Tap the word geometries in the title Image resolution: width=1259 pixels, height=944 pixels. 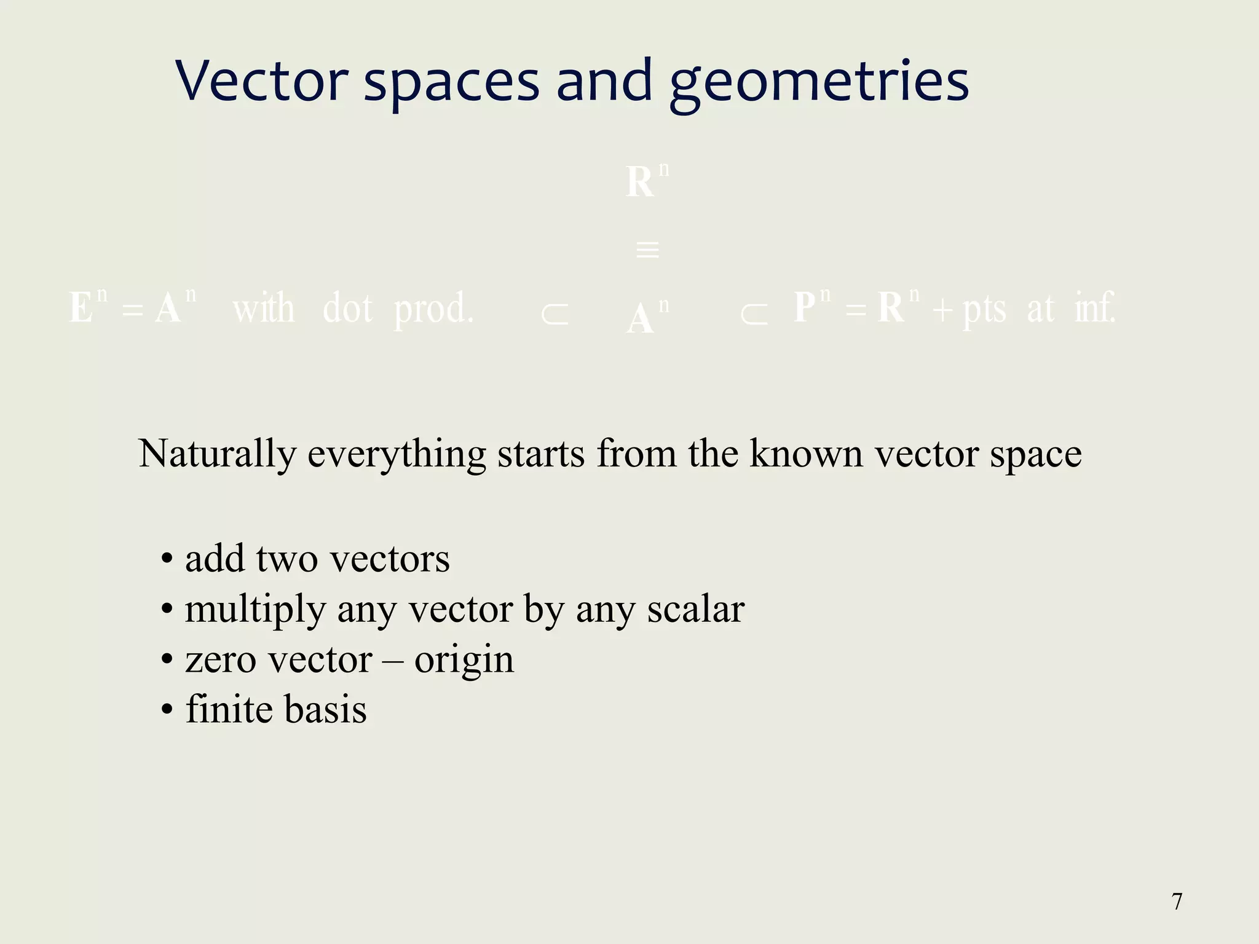(x=819, y=83)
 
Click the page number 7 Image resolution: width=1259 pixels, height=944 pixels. (x=1177, y=901)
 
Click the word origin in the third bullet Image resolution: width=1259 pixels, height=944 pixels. (x=464, y=661)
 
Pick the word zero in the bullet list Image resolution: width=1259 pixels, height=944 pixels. (x=220, y=660)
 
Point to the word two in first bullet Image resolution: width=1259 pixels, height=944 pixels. (x=286, y=559)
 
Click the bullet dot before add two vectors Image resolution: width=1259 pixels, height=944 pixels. (x=167, y=560)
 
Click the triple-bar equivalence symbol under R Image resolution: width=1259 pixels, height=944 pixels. (x=647, y=250)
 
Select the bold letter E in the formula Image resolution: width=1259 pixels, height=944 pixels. (x=81, y=307)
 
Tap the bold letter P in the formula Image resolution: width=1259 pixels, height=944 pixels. (x=805, y=307)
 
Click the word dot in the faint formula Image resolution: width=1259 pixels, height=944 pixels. (x=347, y=308)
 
